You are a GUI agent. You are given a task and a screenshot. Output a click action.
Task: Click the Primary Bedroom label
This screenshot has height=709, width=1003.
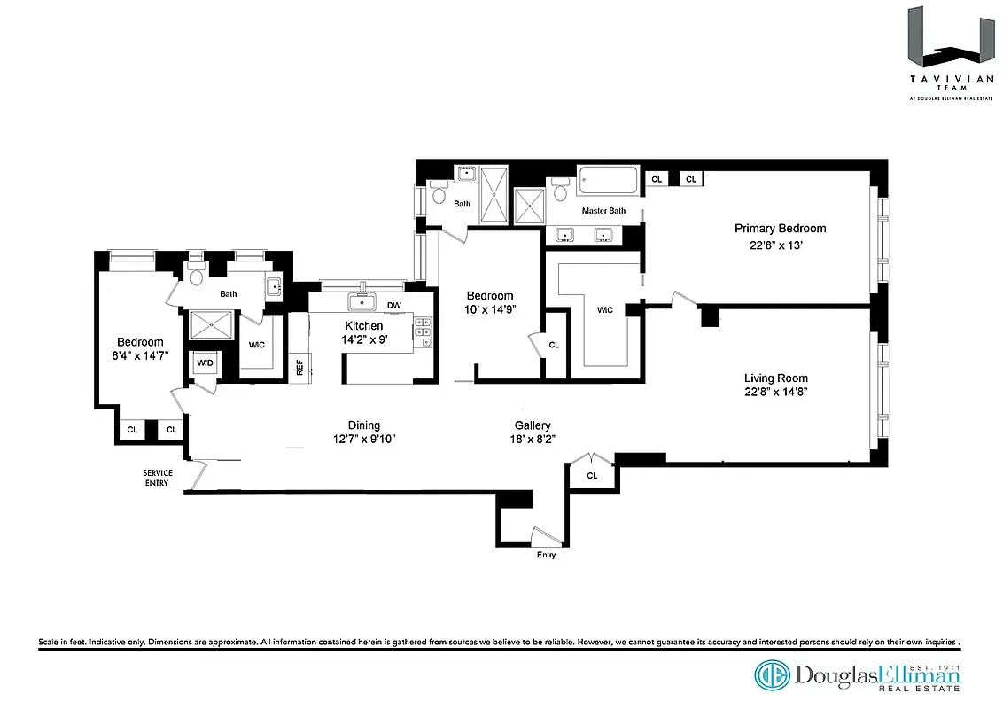(780, 229)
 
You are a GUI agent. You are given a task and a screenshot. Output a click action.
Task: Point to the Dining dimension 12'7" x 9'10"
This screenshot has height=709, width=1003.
(363, 439)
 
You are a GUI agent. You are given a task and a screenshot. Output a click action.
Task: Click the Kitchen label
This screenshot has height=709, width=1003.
(363, 326)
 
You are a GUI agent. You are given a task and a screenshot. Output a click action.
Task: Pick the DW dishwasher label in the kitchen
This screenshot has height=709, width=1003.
(394, 306)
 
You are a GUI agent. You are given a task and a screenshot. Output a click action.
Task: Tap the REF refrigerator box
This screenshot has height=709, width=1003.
(299, 368)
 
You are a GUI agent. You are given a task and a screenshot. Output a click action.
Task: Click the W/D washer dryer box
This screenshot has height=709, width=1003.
(205, 362)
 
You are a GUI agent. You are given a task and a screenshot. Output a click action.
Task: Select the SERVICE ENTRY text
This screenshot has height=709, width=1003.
(158, 478)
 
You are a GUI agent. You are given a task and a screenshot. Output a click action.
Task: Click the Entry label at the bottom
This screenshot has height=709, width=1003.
(547, 555)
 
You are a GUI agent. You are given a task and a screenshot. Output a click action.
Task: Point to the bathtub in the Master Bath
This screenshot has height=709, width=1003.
(607, 182)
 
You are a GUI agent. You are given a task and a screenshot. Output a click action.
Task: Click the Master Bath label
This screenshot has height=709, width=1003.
(603, 211)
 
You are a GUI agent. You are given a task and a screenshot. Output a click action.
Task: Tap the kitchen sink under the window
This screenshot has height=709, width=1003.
(362, 303)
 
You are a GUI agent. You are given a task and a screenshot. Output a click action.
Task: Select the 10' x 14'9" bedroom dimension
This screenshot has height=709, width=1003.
(490, 309)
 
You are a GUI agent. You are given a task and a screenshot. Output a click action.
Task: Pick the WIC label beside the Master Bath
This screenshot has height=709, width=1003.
(605, 310)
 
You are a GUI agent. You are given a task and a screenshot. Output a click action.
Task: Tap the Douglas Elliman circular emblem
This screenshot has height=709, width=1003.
(771, 675)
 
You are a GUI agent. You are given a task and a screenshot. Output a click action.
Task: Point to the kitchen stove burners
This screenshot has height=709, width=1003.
(424, 334)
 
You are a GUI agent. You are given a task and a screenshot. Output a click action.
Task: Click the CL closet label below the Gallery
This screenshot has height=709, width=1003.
(592, 476)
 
